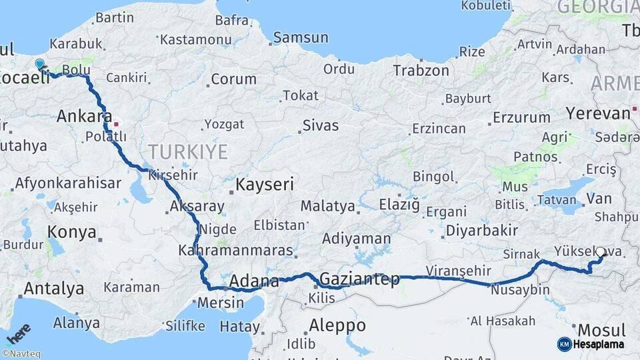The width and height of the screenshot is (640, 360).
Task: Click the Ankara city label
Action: (x=83, y=117)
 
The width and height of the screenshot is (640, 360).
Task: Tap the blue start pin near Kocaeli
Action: (x=40, y=65)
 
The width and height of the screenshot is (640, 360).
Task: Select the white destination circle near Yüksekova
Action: (x=600, y=253)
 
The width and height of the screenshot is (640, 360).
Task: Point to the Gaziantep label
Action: (x=360, y=279)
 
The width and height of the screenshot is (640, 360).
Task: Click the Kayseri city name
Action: (x=265, y=185)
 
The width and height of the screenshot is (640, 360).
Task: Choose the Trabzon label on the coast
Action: (x=421, y=70)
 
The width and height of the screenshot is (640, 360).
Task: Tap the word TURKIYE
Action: (x=187, y=151)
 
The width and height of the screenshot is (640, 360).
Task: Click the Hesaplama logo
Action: (x=592, y=344)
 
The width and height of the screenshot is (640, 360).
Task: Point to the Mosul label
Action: (x=601, y=331)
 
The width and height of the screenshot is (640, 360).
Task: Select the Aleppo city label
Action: (x=337, y=326)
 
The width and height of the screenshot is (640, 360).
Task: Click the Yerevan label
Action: (x=597, y=113)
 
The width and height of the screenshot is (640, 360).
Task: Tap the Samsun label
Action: (x=301, y=38)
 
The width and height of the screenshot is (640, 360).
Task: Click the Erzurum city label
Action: (x=522, y=118)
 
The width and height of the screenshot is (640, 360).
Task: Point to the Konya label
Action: (x=72, y=232)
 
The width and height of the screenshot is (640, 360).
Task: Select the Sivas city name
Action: (x=321, y=125)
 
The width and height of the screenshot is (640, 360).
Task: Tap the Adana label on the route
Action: (x=254, y=282)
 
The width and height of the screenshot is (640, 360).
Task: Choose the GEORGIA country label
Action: (x=597, y=7)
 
